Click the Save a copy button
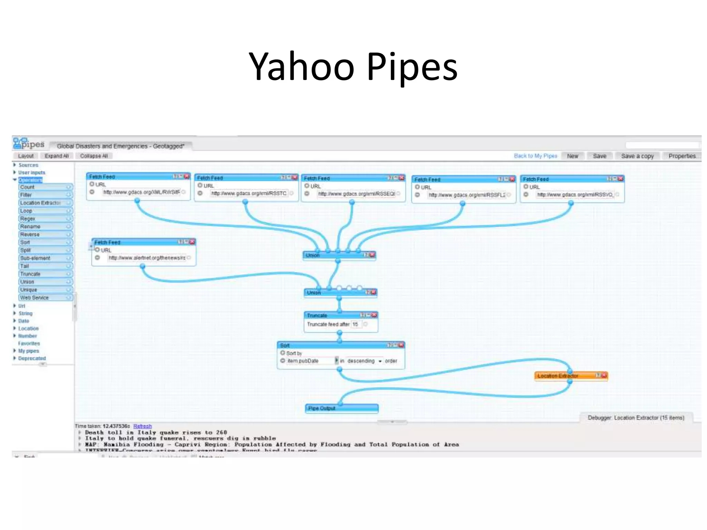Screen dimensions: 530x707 (x=637, y=156)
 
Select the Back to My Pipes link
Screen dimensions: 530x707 (x=535, y=156)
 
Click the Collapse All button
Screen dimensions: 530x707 (x=94, y=156)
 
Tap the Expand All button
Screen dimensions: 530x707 (x=57, y=156)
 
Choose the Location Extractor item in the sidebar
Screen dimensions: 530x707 (x=41, y=203)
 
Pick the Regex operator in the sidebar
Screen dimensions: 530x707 (x=28, y=219)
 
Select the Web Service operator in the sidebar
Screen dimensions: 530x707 (x=35, y=298)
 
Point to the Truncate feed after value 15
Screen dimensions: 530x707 (x=355, y=324)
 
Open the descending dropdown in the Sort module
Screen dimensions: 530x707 (x=365, y=361)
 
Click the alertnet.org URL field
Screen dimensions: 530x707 (x=147, y=258)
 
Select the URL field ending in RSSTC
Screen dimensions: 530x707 (x=249, y=194)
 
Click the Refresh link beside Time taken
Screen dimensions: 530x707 (x=142, y=426)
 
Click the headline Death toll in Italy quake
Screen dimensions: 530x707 (x=155, y=432)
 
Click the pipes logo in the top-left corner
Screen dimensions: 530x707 (x=29, y=144)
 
